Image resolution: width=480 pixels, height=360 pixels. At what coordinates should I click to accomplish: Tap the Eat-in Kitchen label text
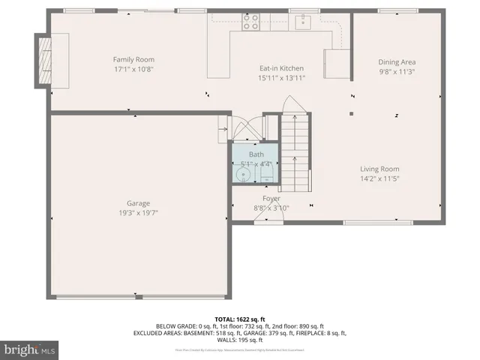pyautogui.click(x=282, y=68)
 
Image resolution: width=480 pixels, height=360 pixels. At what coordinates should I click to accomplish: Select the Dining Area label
pyautogui.click(x=397, y=62)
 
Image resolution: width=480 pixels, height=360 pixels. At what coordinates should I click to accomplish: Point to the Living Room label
pyautogui.click(x=379, y=169)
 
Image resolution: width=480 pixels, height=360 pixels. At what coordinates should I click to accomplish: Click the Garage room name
pyautogui.click(x=138, y=203)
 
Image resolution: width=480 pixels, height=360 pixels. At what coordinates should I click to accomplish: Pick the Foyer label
pyautogui.click(x=271, y=199)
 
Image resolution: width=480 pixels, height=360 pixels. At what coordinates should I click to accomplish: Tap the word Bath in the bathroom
pyautogui.click(x=256, y=154)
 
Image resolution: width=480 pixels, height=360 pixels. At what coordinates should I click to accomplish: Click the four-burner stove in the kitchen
pyautogui.click(x=250, y=21)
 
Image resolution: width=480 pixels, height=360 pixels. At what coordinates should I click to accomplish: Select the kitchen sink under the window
pyautogui.click(x=303, y=22)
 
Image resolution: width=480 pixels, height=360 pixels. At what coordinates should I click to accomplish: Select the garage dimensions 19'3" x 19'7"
pyautogui.click(x=138, y=213)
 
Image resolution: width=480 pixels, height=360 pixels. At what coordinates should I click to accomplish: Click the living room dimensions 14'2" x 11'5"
pyautogui.click(x=379, y=179)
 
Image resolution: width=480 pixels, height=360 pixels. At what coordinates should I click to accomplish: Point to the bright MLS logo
pyautogui.click(x=30, y=349)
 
